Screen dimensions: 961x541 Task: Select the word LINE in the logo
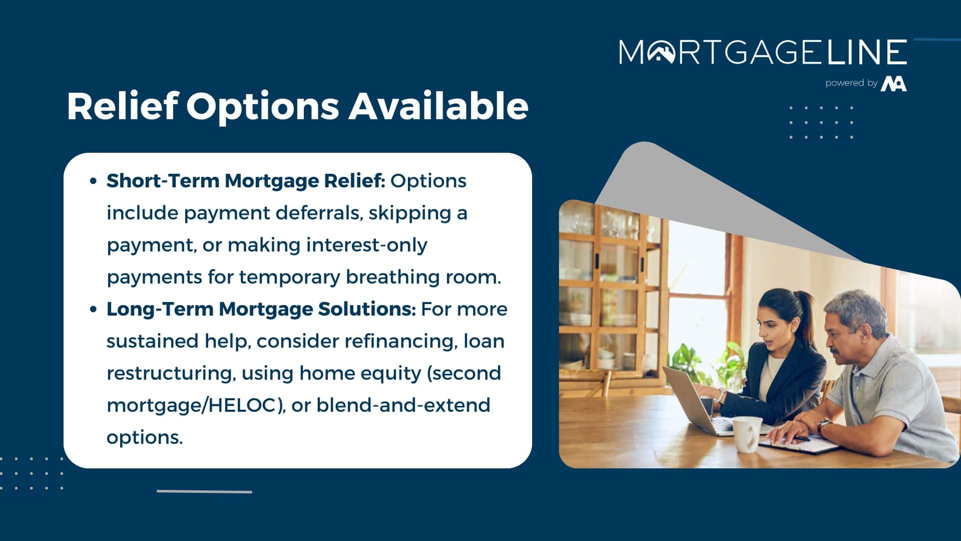pyautogui.click(x=867, y=52)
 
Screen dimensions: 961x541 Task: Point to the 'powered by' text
pyautogui.click(x=851, y=83)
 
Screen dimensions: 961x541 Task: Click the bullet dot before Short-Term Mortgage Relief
pyautogui.click(x=93, y=181)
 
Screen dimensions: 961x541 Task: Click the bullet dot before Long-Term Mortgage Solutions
pyautogui.click(x=93, y=310)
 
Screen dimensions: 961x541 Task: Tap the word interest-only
pyautogui.click(x=367, y=245)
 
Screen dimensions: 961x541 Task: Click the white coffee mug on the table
pyautogui.click(x=747, y=434)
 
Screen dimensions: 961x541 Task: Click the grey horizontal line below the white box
pyautogui.click(x=204, y=491)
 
